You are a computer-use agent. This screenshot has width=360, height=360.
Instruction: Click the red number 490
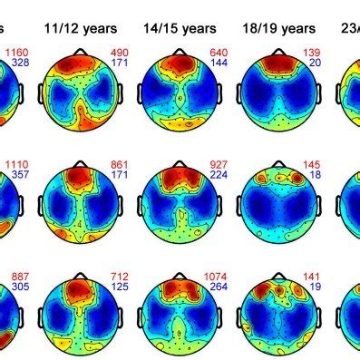tap(121, 54)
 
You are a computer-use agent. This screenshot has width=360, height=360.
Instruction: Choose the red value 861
tap(121, 164)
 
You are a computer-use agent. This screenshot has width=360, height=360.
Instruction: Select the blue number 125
tap(121, 287)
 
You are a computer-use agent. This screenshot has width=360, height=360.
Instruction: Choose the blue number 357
tap(15, 176)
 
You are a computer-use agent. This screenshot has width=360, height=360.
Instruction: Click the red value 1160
tap(14, 54)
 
